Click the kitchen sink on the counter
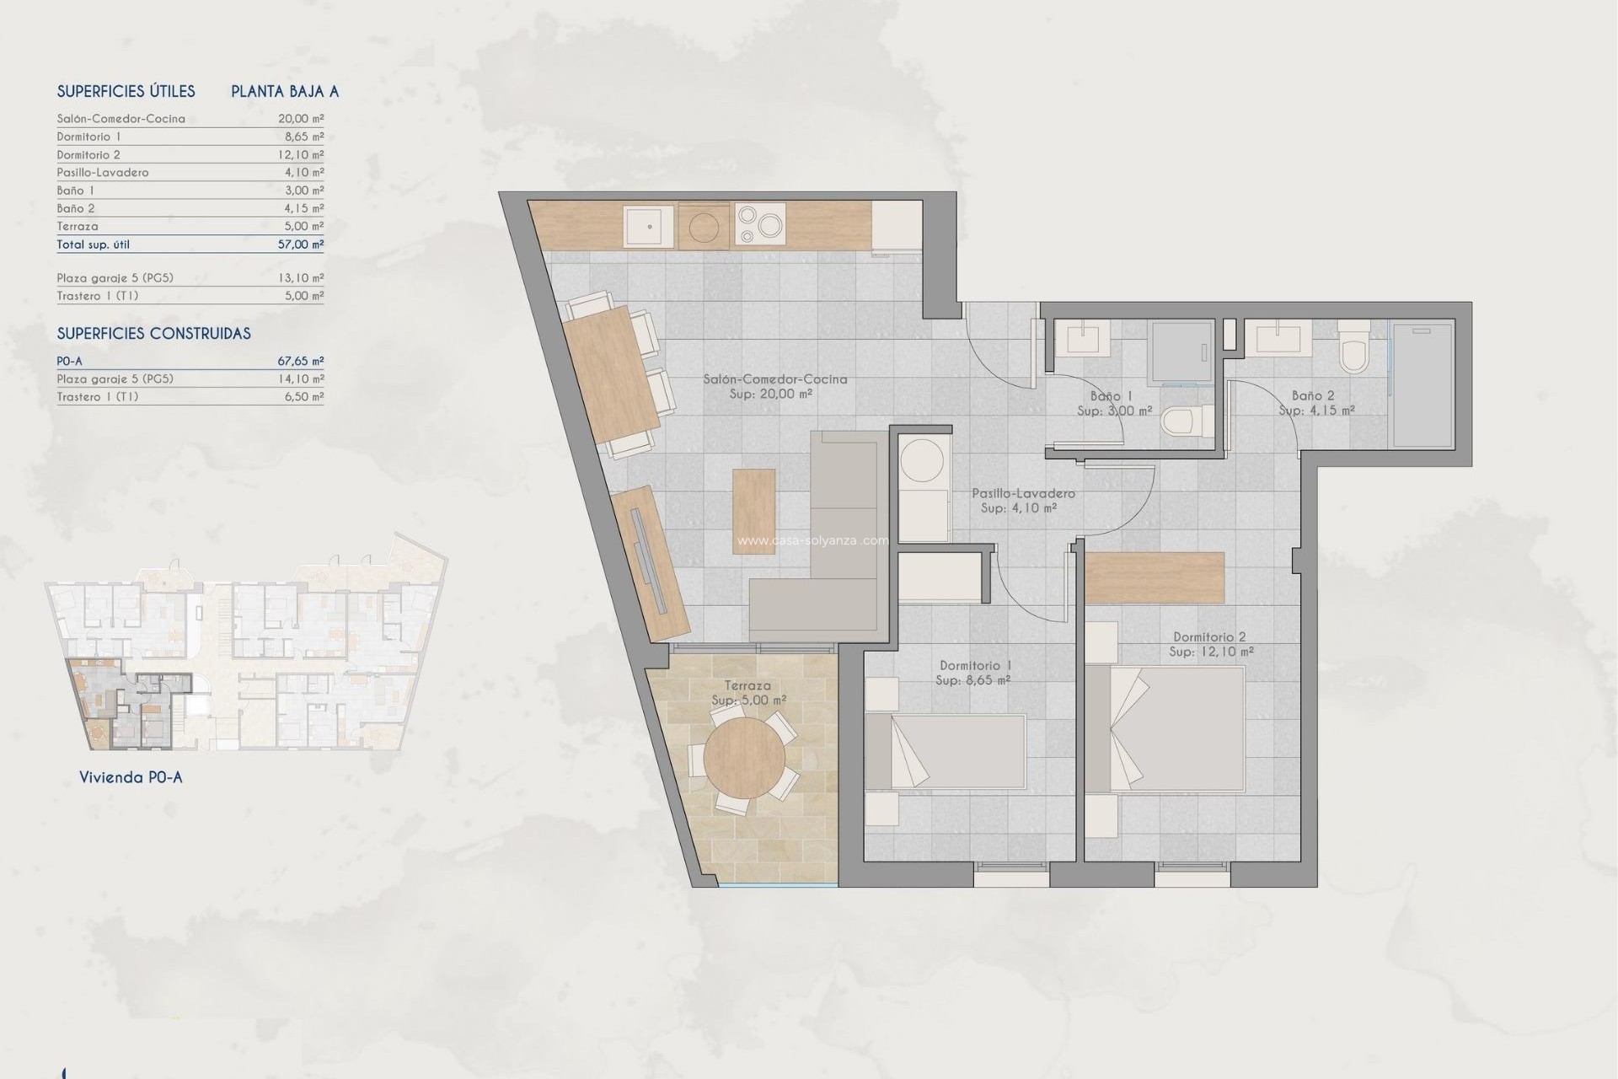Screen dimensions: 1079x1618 point(649,226)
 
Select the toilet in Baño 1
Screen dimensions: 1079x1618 point(1183,421)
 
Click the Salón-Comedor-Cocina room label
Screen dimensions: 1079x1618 point(774,379)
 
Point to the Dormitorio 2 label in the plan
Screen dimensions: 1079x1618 point(1209,637)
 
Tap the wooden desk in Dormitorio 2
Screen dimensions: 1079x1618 point(1154,577)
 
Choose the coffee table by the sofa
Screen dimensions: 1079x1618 point(753,511)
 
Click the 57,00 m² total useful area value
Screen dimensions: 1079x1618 point(301,244)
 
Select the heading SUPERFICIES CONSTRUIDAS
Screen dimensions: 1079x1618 point(153,334)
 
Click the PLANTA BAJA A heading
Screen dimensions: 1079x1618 point(285,92)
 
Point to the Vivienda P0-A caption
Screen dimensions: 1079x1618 point(131,777)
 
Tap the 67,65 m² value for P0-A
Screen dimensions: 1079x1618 point(301,361)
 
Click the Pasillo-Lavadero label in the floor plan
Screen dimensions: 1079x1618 point(1023,493)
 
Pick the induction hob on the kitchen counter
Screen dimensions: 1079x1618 point(761,225)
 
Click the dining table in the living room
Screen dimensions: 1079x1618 point(613,374)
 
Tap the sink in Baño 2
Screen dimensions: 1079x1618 point(1278,339)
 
